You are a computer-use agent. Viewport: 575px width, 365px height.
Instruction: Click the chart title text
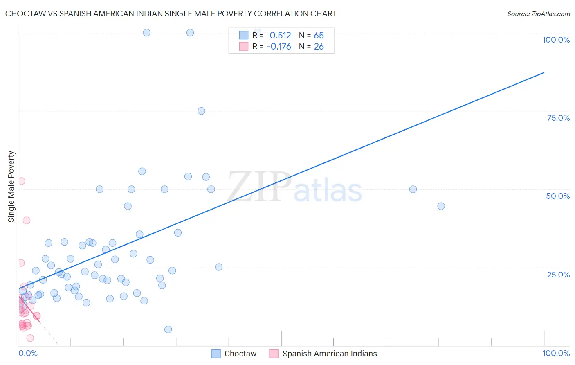click(171, 14)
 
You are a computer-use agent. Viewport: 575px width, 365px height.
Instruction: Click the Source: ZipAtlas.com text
click(538, 14)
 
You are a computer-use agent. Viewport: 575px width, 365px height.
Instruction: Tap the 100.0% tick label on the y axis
click(556, 40)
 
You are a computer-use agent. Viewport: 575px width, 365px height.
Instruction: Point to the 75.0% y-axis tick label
click(558, 118)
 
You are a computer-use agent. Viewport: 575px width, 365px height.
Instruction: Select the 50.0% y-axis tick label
click(558, 196)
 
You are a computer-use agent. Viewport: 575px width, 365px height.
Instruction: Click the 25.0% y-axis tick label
click(558, 274)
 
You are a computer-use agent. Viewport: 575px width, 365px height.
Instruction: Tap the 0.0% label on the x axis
click(28, 353)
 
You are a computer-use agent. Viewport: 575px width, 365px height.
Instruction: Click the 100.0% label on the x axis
click(556, 353)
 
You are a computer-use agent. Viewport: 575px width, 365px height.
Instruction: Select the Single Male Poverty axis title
click(11, 187)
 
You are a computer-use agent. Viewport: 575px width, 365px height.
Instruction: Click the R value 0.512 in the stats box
click(280, 36)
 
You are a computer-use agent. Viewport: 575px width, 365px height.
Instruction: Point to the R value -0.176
click(279, 47)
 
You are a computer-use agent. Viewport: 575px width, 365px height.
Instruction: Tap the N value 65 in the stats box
click(319, 36)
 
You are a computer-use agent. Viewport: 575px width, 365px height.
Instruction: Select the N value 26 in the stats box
click(319, 47)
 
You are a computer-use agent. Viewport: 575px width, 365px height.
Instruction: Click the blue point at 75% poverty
click(201, 111)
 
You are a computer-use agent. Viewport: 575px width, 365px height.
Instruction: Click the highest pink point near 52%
click(22, 181)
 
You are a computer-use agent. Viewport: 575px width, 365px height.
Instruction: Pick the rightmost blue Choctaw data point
click(441, 206)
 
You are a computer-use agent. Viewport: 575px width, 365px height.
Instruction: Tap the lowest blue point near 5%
click(168, 329)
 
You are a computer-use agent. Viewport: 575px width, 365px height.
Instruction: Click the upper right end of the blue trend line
click(544, 72)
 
